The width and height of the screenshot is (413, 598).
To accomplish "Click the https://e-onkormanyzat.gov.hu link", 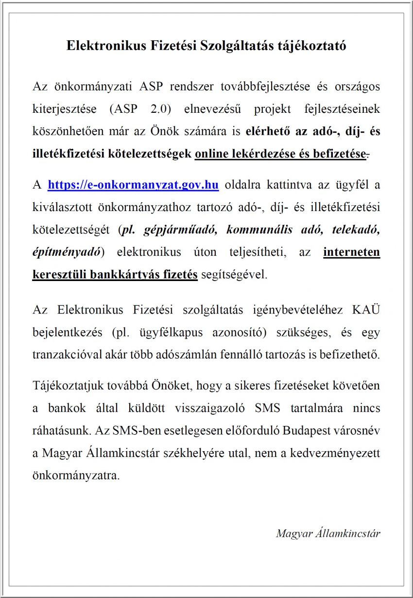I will click(x=133, y=185).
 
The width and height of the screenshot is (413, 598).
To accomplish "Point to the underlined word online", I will click(x=212, y=154).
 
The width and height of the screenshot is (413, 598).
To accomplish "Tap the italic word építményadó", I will click(x=67, y=252).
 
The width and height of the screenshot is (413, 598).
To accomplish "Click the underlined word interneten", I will click(x=351, y=252).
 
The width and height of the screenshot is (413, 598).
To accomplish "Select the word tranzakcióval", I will click(x=62, y=355).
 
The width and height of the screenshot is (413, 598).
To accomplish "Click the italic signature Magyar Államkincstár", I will click(x=328, y=533).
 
